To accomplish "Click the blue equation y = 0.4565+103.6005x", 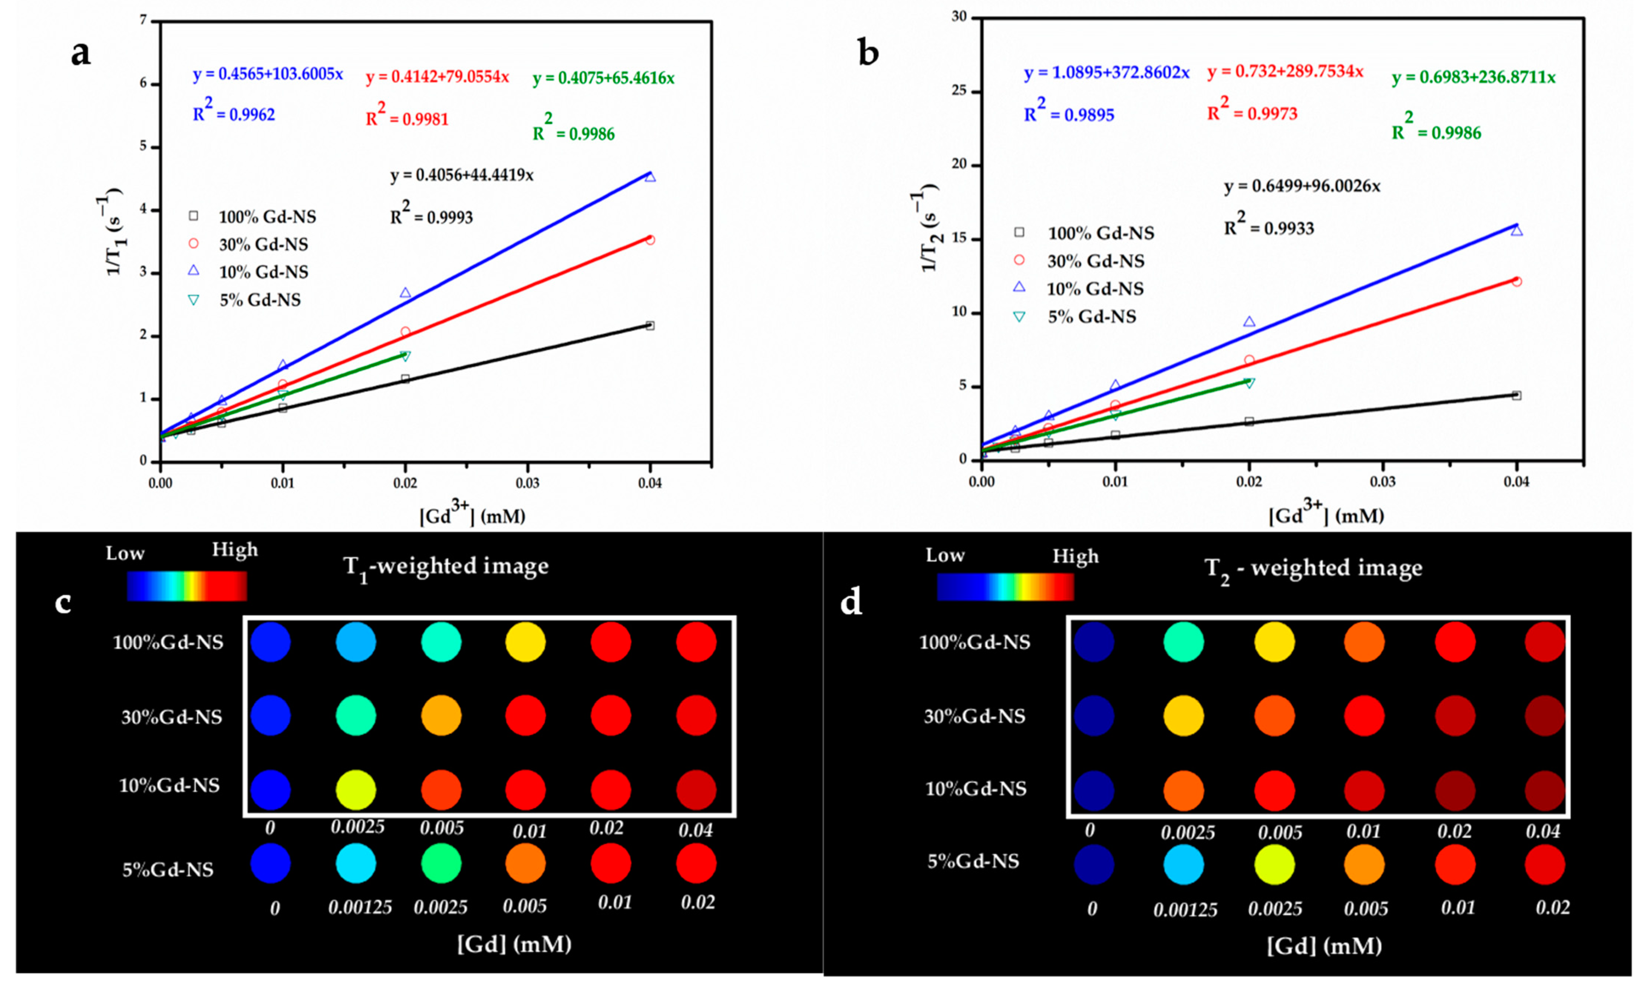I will point(268,74).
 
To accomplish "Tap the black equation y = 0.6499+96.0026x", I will point(1301,186).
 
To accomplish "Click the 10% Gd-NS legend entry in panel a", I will point(263,272).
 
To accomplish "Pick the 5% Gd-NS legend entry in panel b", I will point(1092,317).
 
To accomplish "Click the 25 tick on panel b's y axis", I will point(960,91).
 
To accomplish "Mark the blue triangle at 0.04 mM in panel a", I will point(650,177).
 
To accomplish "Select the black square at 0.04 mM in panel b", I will point(1516,395).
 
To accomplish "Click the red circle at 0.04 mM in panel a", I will point(650,240).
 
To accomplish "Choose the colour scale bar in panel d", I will point(1005,587).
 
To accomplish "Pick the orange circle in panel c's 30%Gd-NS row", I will point(441,716).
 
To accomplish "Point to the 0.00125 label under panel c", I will point(360,907).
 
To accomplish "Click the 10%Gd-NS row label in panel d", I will point(976,789).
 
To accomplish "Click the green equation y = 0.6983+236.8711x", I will point(1473,77).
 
